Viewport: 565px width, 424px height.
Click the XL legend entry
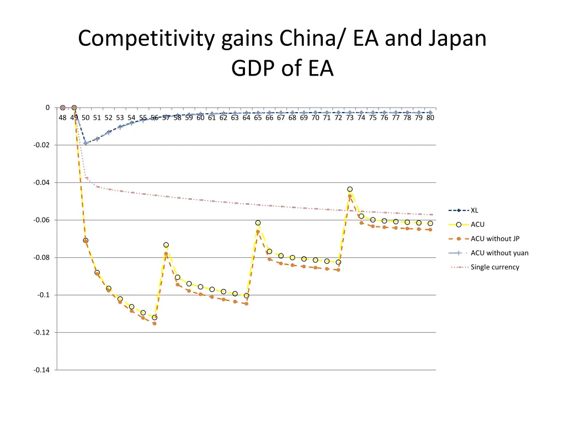click(474, 210)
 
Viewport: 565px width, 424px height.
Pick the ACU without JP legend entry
click(495, 239)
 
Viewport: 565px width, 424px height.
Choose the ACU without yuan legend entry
click(499, 253)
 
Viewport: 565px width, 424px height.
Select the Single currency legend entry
click(494, 267)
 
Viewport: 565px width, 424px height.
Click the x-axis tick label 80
click(430, 118)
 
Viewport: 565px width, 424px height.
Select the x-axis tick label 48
click(62, 118)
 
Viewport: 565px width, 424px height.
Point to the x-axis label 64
click(246, 118)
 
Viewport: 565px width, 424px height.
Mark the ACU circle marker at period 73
click(350, 189)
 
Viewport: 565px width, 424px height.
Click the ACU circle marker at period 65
click(258, 223)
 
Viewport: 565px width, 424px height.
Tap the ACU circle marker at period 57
click(166, 245)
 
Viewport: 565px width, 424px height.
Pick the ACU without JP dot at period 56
click(154, 324)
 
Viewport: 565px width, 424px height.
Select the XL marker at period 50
click(86, 143)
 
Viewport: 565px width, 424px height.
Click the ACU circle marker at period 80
click(430, 224)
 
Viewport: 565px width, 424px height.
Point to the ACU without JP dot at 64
click(246, 304)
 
